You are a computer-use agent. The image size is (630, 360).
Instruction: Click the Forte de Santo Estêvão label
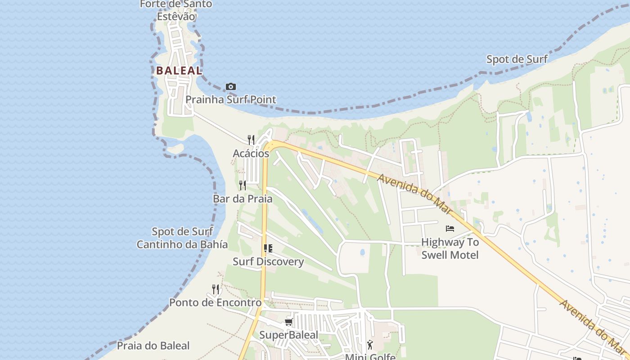(176, 10)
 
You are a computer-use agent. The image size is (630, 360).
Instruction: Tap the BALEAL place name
(179, 71)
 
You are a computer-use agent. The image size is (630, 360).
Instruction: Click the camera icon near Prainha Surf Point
(230, 86)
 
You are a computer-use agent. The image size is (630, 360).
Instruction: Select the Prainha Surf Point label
(231, 99)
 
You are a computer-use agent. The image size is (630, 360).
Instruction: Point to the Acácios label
(251, 153)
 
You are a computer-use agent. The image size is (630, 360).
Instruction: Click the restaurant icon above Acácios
(251, 140)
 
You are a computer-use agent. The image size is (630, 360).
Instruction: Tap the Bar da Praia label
(243, 198)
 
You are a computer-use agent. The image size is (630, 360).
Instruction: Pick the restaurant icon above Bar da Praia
(243, 185)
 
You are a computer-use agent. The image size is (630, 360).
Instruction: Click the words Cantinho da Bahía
(182, 244)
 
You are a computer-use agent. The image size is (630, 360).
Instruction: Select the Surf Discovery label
(268, 261)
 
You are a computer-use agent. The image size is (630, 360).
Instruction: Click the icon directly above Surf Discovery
(268, 248)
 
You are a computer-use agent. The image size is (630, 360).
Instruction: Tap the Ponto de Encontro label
(215, 302)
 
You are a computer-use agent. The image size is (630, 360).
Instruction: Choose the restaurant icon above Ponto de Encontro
(216, 289)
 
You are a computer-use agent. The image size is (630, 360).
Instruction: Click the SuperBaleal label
(288, 335)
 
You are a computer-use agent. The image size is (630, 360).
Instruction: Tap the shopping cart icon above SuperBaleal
(288, 322)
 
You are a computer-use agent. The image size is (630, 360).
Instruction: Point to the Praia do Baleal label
(153, 346)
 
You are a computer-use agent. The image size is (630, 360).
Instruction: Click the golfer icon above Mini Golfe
(370, 345)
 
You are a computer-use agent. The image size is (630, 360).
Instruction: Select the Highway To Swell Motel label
(450, 248)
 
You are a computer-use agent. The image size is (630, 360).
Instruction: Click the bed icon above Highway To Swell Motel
(450, 229)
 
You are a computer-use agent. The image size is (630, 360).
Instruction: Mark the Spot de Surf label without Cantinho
(517, 59)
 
